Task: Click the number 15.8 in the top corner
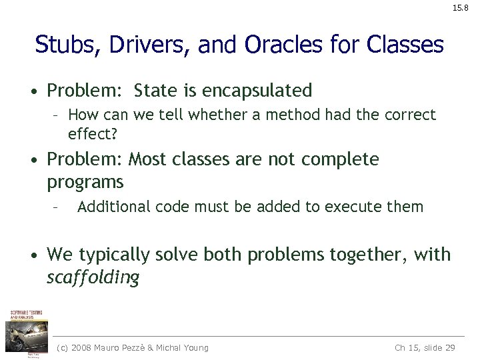pyautogui.click(x=461, y=9)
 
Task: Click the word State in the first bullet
pyautogui.click(x=155, y=90)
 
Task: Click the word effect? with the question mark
pyautogui.click(x=92, y=133)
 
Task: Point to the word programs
pyautogui.click(x=85, y=182)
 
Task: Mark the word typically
pyautogui.click(x=115, y=255)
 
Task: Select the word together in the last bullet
pyautogui.click(x=361, y=255)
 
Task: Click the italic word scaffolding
pyautogui.click(x=93, y=277)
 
